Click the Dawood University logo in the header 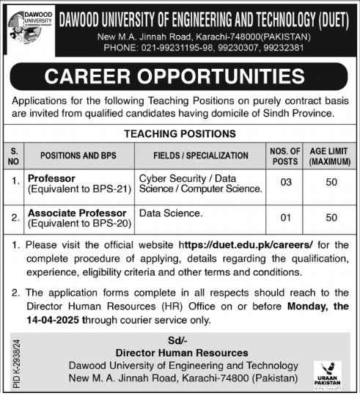(29, 28)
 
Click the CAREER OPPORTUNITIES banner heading (180, 76)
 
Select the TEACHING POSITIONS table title (180, 133)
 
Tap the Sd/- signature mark (179, 340)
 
